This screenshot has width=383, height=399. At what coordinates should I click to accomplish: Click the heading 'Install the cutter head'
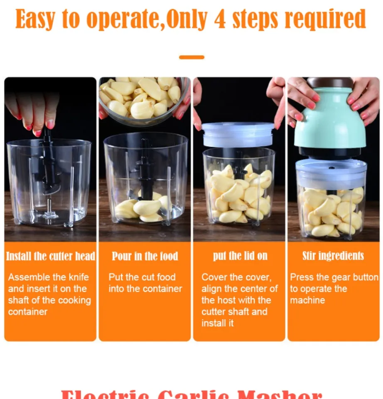pyautogui.click(x=50, y=256)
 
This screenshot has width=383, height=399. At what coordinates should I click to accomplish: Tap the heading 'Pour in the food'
pyautogui.click(x=145, y=256)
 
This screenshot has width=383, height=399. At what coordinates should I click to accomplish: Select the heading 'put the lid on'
pyautogui.click(x=240, y=256)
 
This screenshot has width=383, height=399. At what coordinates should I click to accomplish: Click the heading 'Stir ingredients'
pyautogui.click(x=333, y=256)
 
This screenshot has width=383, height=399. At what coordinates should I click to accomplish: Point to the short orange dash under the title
pyautogui.click(x=191, y=57)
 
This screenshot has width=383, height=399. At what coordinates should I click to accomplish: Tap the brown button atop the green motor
pyautogui.click(x=330, y=82)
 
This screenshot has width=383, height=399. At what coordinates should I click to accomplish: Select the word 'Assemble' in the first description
pyautogui.click(x=28, y=277)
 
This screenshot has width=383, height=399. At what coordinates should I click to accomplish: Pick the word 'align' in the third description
pyautogui.click(x=212, y=288)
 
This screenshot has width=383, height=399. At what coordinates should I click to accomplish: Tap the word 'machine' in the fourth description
pyautogui.click(x=307, y=300)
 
